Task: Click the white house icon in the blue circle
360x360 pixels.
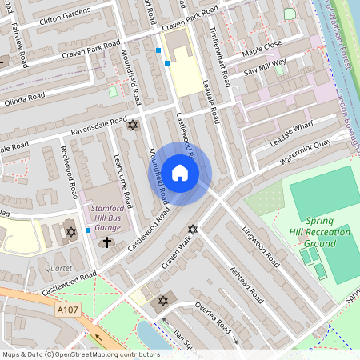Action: [180, 173]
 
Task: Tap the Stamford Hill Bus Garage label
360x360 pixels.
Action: [102, 216]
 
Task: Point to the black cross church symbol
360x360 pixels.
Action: [108, 241]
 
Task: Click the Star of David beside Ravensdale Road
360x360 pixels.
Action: [133, 126]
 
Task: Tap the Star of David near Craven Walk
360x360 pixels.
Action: [191, 230]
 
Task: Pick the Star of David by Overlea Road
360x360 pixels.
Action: [164, 301]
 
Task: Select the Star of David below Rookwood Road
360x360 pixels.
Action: [70, 231]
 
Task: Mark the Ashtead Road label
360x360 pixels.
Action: [246, 284]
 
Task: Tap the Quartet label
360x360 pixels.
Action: [58, 268]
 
